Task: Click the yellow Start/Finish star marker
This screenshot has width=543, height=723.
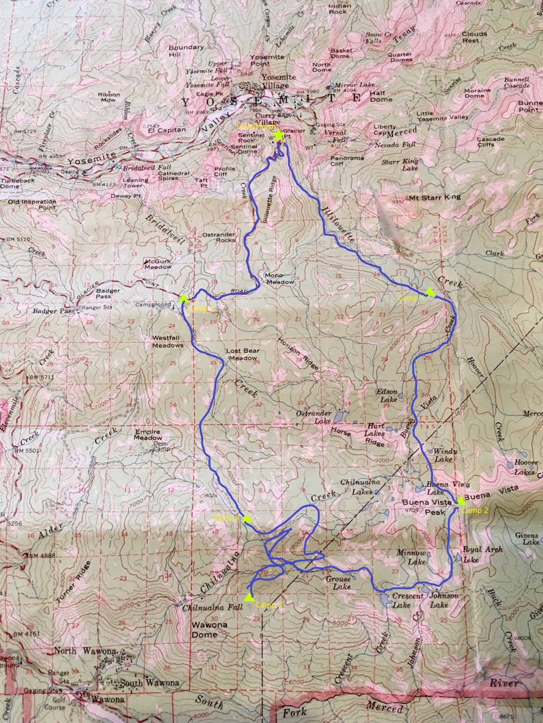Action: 278,136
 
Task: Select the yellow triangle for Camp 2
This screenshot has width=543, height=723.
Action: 462,500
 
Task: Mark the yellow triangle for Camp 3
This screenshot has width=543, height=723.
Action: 248,596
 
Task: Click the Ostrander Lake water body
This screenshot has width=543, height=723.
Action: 338,418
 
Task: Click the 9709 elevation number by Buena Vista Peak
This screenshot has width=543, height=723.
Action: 410,509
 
